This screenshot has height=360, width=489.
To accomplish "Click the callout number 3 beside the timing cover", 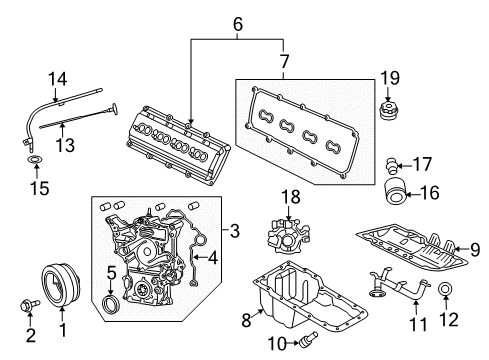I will coord(234,232).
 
